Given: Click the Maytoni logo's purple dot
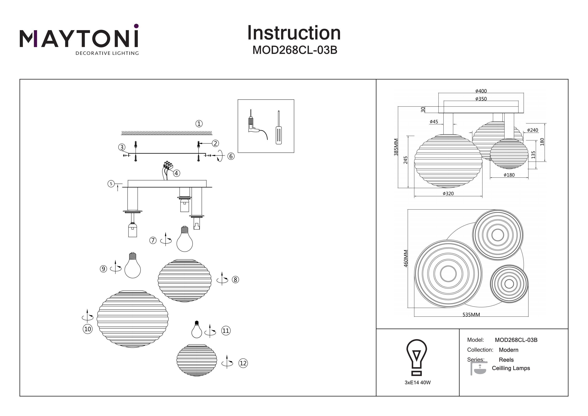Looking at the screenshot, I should pos(136,26).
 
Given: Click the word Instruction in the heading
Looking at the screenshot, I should pos(294,33).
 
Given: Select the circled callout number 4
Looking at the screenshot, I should pos(176,173).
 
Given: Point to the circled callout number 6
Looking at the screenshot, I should pos(231,156).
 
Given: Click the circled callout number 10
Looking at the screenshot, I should pos(88,329).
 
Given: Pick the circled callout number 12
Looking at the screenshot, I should pos(243,363).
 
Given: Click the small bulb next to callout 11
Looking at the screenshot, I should pos(197,330).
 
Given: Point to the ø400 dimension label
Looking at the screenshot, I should pos(481,91).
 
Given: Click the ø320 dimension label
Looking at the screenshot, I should pos(448,194).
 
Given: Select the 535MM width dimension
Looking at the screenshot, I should pos(471,314).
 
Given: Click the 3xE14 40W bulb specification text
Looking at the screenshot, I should pos(418,383).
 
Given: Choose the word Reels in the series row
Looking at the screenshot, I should pos(506,360).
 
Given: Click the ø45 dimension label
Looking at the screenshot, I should pos(434,122).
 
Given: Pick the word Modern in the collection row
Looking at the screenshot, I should pos(508,350).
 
